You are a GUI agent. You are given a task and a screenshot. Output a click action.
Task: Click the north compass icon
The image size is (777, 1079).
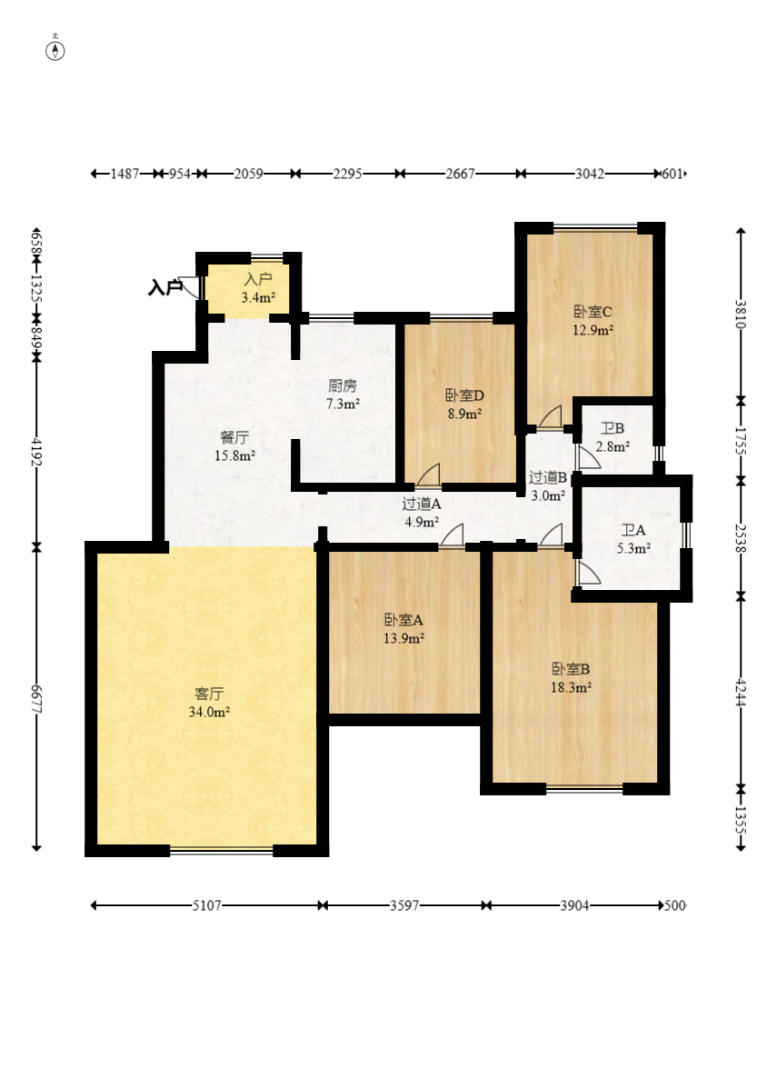point(55,50)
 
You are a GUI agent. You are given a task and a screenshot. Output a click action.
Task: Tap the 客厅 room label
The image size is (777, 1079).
point(208,693)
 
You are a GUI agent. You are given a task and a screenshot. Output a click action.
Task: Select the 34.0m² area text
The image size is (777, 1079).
point(209,712)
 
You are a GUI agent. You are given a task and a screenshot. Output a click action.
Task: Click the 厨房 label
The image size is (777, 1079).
point(342,385)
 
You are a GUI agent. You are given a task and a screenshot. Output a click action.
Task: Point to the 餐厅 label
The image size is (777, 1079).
point(234,437)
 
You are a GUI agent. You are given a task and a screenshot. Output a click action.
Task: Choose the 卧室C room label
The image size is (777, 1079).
point(593,312)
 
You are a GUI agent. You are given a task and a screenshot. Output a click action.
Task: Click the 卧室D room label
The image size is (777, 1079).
point(464,395)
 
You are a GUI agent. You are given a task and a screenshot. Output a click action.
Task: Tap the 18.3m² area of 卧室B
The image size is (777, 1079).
point(572,687)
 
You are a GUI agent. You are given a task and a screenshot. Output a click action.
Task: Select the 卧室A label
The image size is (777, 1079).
point(403,620)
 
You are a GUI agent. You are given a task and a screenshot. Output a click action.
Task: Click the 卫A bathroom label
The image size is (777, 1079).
point(633,530)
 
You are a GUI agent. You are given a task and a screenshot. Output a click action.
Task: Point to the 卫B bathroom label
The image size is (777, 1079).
point(612,428)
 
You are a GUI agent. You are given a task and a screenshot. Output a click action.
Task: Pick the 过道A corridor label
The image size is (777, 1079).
point(421,504)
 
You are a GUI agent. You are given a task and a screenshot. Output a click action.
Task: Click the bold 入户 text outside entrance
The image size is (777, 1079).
point(165,287)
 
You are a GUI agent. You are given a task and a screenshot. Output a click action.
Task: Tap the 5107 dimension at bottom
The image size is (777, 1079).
point(206,904)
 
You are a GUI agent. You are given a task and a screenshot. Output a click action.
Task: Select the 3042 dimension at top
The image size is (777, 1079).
point(590,174)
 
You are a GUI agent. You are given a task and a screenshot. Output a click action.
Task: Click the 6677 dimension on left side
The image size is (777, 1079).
point(36,698)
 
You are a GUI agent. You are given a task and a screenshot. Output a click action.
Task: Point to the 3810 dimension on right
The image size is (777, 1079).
point(741,314)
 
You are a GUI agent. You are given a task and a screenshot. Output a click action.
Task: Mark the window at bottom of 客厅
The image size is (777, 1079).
point(222,850)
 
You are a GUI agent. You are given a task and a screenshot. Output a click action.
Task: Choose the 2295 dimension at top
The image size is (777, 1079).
point(347,174)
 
